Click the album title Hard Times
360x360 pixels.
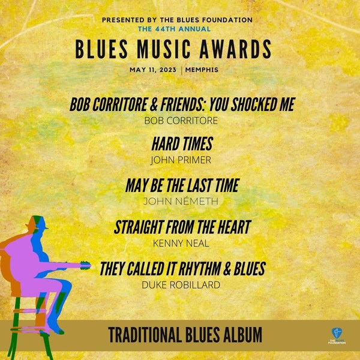[x=182, y=144]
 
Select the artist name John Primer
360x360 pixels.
[x=181, y=160]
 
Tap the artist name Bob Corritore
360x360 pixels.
[x=181, y=121]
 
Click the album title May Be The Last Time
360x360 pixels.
[x=182, y=185]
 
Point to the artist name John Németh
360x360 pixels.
[x=181, y=201]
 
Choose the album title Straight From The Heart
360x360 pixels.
[x=182, y=227]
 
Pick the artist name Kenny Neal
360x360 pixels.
[x=181, y=244]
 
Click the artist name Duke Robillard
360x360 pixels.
[x=181, y=285]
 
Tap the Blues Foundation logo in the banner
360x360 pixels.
[x=337, y=336]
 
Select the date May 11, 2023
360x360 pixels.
[x=153, y=70]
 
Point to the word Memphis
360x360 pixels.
[x=202, y=70]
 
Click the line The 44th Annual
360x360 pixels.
[x=174, y=29]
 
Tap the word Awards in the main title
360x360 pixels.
[x=236, y=49]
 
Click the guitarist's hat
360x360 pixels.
[x=37, y=223]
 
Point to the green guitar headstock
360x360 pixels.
[x=85, y=266]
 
